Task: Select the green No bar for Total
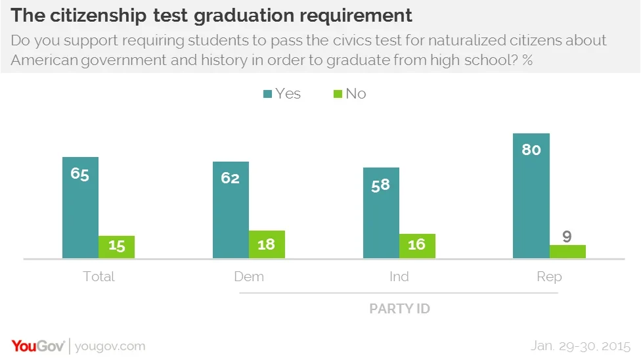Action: point(116,246)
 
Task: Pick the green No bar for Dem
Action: point(267,244)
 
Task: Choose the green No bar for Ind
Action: point(417,246)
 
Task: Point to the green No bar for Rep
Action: point(567,251)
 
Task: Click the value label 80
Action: point(531,150)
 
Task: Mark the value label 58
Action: point(381,185)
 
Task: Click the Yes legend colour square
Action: point(267,94)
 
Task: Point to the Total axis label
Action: point(99,277)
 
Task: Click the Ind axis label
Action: point(399,277)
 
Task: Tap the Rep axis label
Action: point(549,277)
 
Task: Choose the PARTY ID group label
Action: point(399,308)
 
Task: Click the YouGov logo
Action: point(37,346)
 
